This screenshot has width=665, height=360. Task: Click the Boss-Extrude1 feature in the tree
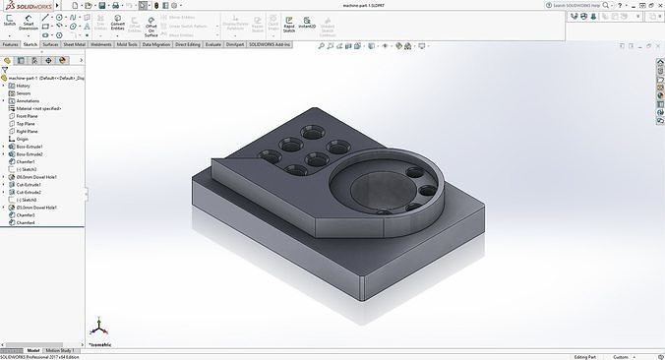[x=29, y=147]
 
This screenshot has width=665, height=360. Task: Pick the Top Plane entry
[x=27, y=123]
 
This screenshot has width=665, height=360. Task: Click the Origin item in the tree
[x=23, y=139]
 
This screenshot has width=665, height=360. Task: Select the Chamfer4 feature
[x=27, y=222]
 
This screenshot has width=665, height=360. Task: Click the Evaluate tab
[x=213, y=44]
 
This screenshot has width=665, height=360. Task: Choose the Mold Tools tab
[x=127, y=44]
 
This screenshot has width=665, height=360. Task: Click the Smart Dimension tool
[x=28, y=25]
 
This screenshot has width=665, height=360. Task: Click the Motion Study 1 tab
[x=61, y=349]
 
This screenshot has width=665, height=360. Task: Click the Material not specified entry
[x=36, y=108]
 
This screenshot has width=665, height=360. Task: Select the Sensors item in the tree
[x=24, y=92]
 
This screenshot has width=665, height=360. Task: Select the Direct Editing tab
[x=186, y=44]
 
